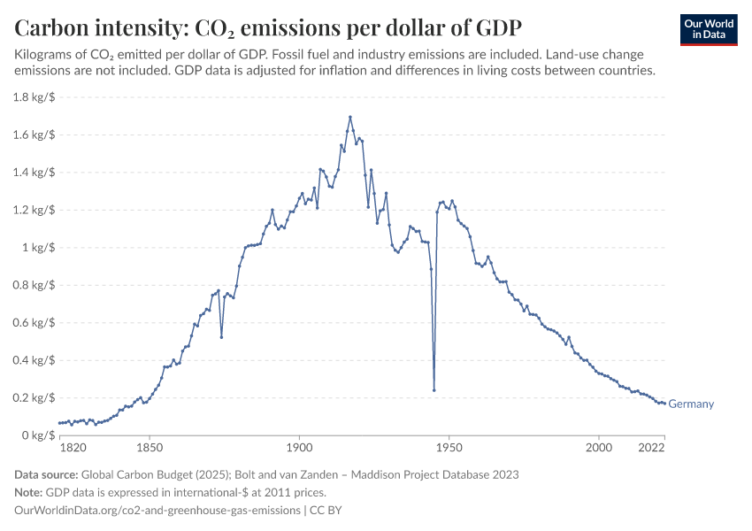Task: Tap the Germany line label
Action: (691, 404)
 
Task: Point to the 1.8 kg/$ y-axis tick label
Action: (35, 97)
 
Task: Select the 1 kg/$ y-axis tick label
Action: (40, 248)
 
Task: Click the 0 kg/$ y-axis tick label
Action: (40, 435)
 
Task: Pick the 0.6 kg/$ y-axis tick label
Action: (35, 323)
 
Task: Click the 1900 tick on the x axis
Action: (299, 449)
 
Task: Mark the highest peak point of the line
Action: (350, 117)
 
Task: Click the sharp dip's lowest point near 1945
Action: (434, 390)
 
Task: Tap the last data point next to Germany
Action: (664, 404)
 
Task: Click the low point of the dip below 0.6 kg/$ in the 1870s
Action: (221, 337)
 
